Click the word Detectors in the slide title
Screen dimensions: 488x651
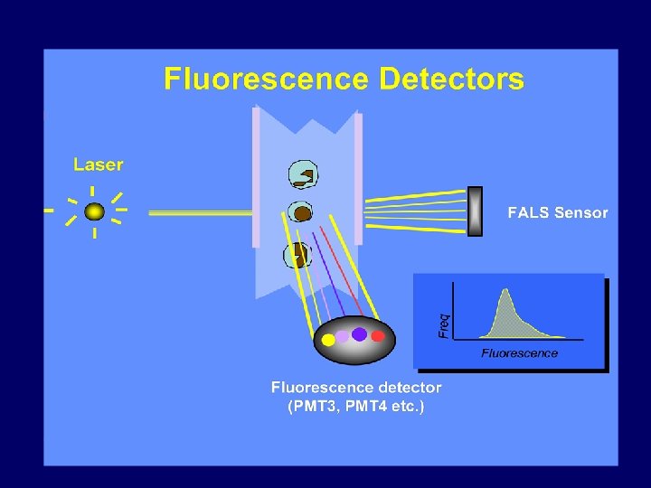pos(451,80)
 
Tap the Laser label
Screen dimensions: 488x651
pos(99,164)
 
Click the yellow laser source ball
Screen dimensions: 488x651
pos(94,212)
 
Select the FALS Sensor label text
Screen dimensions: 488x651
pos(557,213)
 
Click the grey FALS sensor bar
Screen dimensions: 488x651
pos(475,211)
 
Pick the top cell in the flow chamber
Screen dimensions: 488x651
pos(301,175)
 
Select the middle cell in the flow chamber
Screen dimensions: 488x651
pos(300,212)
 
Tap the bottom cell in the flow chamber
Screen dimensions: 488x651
pos(297,255)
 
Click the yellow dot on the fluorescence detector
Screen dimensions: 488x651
pos(327,341)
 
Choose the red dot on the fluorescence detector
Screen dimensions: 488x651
pos(378,336)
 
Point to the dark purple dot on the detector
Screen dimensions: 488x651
pos(360,334)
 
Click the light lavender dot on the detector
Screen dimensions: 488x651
pos(343,337)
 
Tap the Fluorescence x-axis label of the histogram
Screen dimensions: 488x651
pos(519,352)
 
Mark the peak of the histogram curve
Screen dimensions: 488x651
pos(505,291)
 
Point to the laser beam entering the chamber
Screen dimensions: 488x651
pos(199,213)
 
